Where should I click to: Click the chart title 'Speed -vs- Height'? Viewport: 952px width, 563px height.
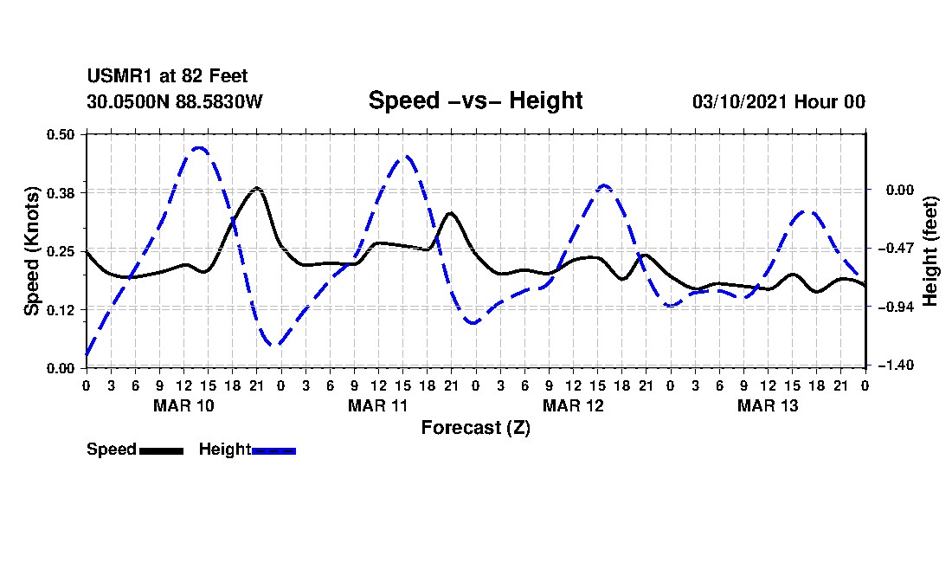(x=475, y=100)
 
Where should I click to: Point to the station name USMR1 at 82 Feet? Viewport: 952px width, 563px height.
(x=167, y=76)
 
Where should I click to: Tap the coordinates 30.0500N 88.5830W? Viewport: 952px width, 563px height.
(x=175, y=101)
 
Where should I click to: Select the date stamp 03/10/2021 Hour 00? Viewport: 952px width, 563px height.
(x=779, y=101)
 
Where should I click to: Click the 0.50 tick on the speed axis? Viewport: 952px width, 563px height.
(x=61, y=134)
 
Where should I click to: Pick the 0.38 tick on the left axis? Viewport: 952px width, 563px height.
(x=61, y=193)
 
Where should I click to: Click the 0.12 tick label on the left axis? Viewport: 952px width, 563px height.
(x=61, y=310)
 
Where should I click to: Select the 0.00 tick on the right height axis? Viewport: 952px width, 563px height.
(x=900, y=190)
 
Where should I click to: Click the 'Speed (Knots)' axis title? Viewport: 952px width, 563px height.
(x=31, y=251)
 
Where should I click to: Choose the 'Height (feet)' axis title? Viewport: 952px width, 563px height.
(x=930, y=251)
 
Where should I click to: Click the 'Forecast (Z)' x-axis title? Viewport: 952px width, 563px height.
(x=476, y=428)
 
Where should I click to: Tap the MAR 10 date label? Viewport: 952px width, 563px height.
(x=184, y=405)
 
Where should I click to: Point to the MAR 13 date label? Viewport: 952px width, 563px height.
(x=768, y=405)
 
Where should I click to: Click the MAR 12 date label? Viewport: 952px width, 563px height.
(x=573, y=405)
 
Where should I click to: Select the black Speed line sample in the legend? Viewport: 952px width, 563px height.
(x=162, y=450)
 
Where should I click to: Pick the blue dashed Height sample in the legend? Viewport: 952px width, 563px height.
(x=273, y=450)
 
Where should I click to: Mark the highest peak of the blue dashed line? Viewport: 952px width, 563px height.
(x=198, y=147)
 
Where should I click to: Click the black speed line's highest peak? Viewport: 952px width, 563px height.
(x=257, y=188)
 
